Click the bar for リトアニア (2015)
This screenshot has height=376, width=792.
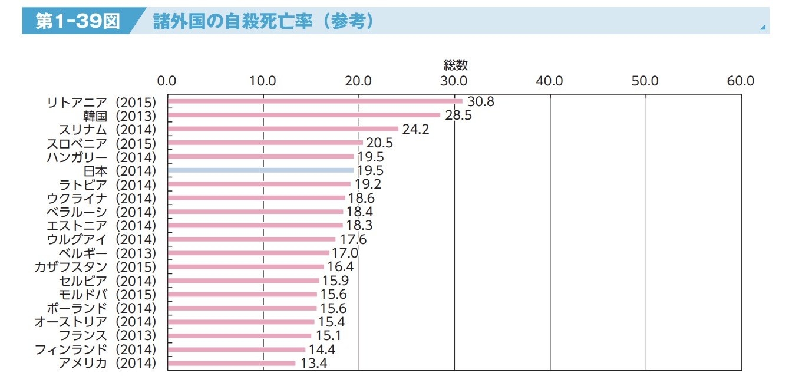315,101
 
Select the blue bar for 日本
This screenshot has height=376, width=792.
260,170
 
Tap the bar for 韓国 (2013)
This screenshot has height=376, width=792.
303,115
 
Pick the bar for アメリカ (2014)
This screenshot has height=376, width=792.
232,363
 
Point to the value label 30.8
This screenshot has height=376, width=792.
480,101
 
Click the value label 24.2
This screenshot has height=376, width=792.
415,129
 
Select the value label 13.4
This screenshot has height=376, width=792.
313,363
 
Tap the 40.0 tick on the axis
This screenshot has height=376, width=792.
550,81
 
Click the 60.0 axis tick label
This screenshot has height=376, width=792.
741,81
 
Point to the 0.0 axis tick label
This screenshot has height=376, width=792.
167,81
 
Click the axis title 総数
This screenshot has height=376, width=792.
456,65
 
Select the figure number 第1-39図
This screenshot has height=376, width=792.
77,21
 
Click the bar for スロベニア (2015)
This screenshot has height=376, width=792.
265,143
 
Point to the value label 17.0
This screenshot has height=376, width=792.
345,253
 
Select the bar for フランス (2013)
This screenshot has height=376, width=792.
239,336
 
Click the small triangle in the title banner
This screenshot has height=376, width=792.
763,27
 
